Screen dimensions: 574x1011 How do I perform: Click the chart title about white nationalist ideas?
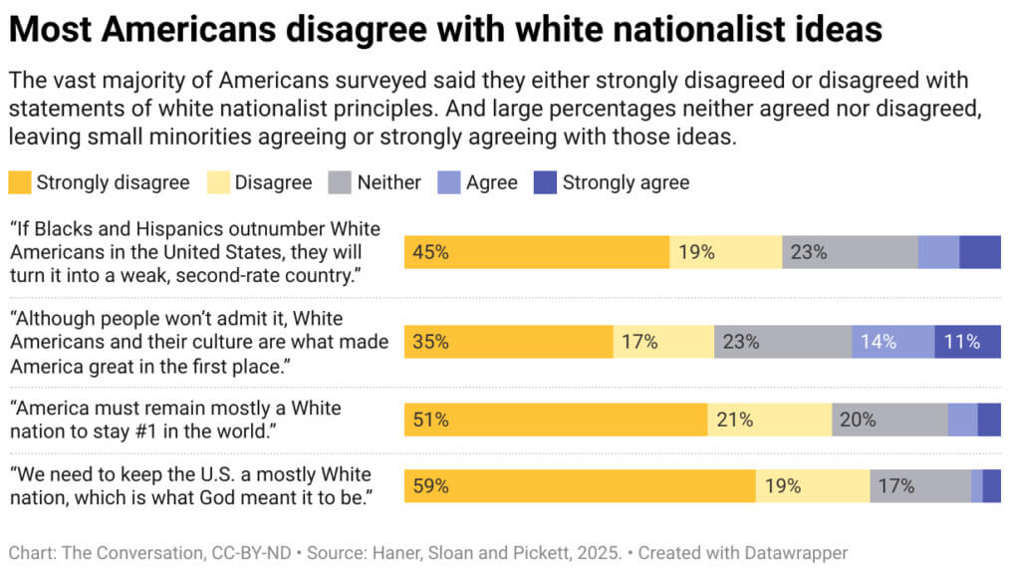[x=445, y=29]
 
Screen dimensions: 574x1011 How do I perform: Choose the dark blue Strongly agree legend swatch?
[x=544, y=182]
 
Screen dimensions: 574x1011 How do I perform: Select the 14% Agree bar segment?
[x=892, y=342]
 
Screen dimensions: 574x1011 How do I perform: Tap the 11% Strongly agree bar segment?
[x=967, y=342]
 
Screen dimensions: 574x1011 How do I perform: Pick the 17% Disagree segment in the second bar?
[x=663, y=342]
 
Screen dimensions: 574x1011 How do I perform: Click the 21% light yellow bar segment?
[x=769, y=420]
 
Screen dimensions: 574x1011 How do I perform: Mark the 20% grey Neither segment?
[x=889, y=420]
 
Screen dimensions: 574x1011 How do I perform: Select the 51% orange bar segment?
[x=556, y=420]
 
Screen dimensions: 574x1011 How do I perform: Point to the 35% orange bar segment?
[x=508, y=342]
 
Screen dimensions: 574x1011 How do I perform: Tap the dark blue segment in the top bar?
[x=980, y=252]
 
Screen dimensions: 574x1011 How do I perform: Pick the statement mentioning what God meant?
[x=191, y=484]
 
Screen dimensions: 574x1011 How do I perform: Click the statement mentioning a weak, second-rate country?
[x=185, y=252]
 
